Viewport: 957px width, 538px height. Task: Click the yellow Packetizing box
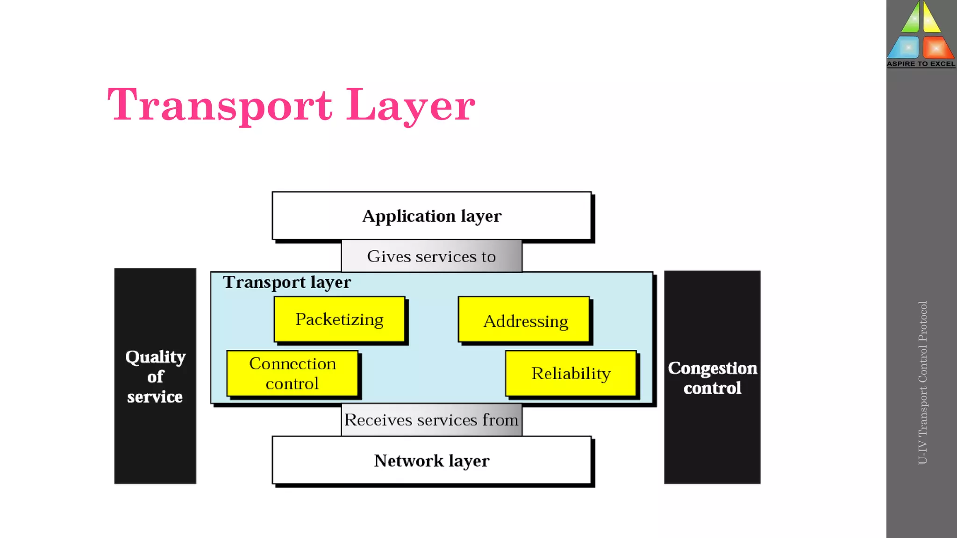[339, 319]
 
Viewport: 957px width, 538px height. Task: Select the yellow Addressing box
[524, 320]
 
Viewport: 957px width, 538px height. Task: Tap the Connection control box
[293, 374]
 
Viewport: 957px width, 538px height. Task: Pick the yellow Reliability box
[571, 374]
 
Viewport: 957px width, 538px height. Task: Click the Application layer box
[431, 216]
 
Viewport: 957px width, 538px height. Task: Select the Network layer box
[431, 460]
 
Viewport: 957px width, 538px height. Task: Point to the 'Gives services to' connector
[431, 256]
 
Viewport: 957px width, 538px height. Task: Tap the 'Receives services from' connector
[431, 420]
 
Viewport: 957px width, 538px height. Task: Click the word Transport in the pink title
[220, 105]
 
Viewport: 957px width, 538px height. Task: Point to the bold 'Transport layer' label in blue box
[287, 282]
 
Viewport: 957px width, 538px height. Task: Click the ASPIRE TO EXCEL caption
[921, 64]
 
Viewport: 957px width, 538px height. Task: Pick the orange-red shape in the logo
[937, 47]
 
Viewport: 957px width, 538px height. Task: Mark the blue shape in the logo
[905, 47]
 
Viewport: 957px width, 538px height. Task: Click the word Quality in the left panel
[155, 357]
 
